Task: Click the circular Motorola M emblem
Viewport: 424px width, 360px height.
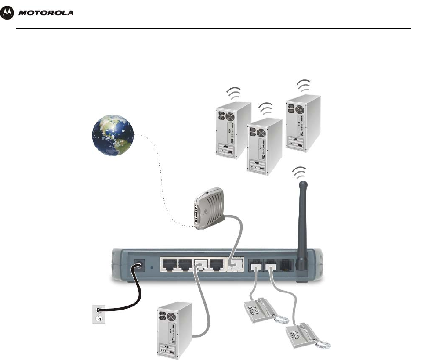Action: (8, 13)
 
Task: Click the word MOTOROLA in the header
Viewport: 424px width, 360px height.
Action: (46, 13)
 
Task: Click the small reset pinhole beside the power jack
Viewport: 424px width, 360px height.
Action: (152, 266)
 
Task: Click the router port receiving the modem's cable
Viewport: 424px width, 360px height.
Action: (233, 265)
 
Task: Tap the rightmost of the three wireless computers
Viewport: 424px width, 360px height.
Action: (302, 125)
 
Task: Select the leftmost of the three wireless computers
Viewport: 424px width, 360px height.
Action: (233, 130)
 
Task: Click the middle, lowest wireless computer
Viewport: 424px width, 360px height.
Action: (264, 147)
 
